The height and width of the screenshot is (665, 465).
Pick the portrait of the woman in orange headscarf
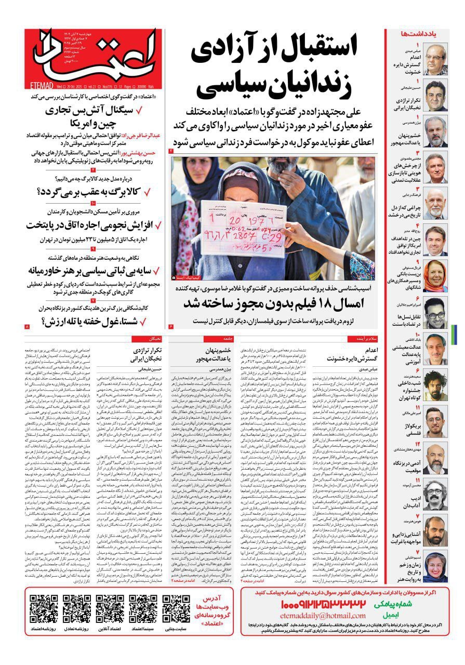click(435, 276)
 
